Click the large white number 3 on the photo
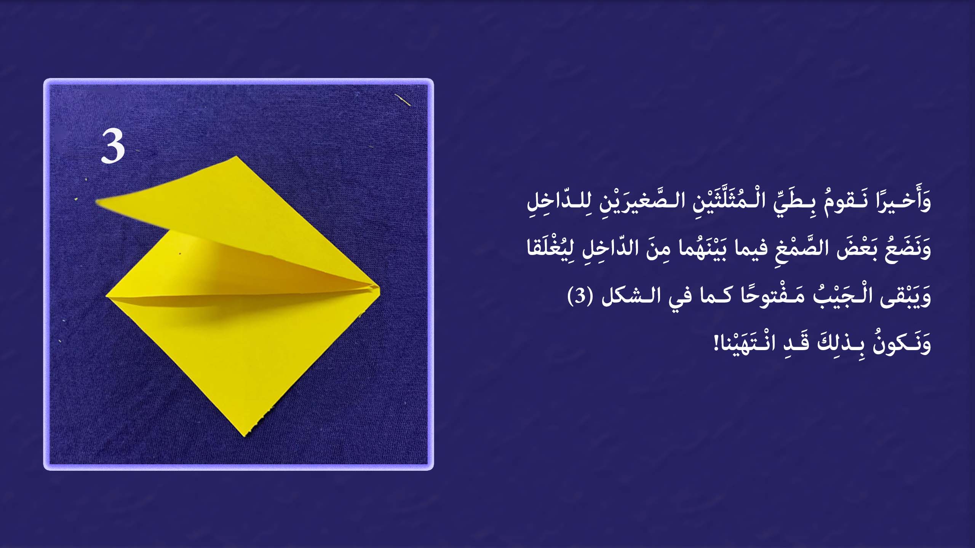(x=113, y=147)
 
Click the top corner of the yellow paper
(x=237, y=156)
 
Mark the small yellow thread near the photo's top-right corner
(x=403, y=100)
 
